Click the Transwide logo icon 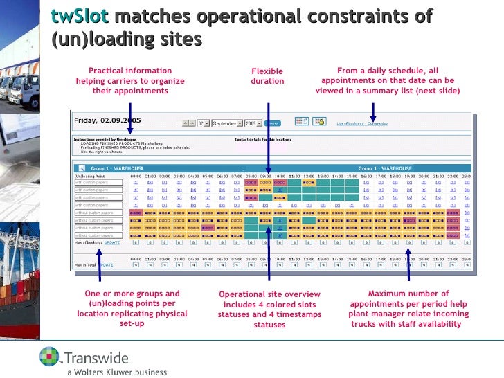click(51, 356)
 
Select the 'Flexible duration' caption click(267, 76)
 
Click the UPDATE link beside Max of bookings click(112, 243)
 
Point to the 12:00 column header click(308, 176)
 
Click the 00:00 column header click(136, 176)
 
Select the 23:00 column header click(467, 176)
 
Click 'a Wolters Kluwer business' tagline click(117, 372)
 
